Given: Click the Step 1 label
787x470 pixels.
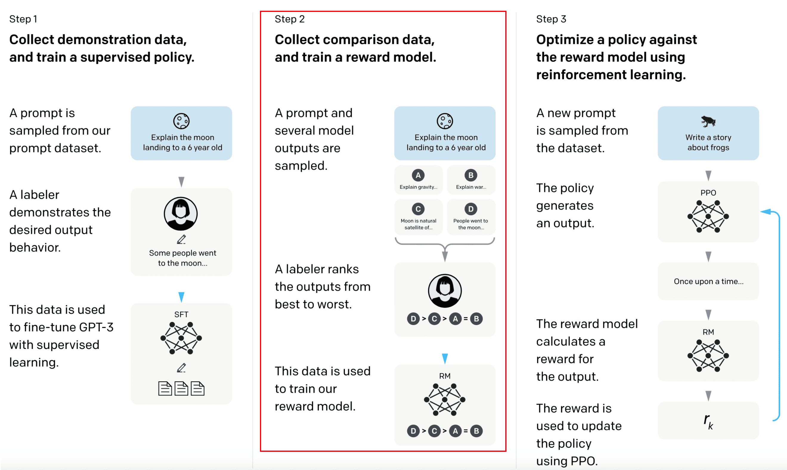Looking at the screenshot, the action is click(23, 19).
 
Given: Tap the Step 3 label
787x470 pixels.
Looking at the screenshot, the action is click(551, 19).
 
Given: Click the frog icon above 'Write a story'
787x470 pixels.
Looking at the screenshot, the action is click(708, 121).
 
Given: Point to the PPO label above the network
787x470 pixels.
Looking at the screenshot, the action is click(708, 193).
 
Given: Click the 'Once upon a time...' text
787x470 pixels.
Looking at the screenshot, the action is click(708, 281).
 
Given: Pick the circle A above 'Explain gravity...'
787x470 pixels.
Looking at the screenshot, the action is click(418, 175).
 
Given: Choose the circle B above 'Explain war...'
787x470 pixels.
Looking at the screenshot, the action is click(471, 175).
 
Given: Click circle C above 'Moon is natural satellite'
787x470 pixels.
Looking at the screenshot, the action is click(418, 209).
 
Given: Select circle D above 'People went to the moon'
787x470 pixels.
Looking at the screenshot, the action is click(471, 209).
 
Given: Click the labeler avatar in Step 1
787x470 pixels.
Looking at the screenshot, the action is click(181, 214).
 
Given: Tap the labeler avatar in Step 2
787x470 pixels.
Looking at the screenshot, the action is click(444, 291).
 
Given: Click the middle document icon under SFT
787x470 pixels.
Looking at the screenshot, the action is click(181, 389).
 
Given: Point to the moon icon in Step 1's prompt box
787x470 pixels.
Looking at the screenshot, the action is click(181, 121).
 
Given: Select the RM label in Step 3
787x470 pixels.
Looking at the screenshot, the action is click(708, 332).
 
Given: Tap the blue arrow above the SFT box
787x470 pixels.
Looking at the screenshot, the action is click(181, 297).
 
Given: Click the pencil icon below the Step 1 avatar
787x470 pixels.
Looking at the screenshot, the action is click(181, 239).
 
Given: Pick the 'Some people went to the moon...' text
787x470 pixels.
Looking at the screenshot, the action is click(182, 258).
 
